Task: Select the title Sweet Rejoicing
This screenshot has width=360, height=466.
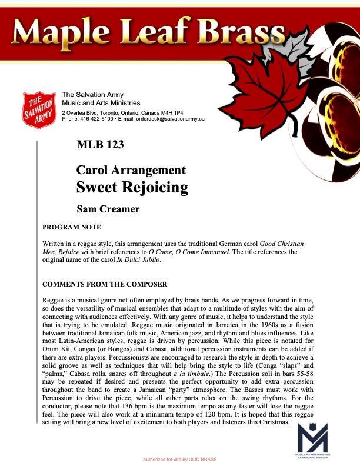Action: tap(132, 188)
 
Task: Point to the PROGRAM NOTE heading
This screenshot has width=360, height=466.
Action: tap(72, 227)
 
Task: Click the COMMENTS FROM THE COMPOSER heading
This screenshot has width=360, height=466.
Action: tap(105, 285)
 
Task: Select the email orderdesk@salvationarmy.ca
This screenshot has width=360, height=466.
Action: tap(170, 119)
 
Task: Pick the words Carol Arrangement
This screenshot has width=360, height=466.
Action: tap(131, 171)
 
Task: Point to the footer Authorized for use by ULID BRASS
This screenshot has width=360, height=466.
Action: tap(179, 458)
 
